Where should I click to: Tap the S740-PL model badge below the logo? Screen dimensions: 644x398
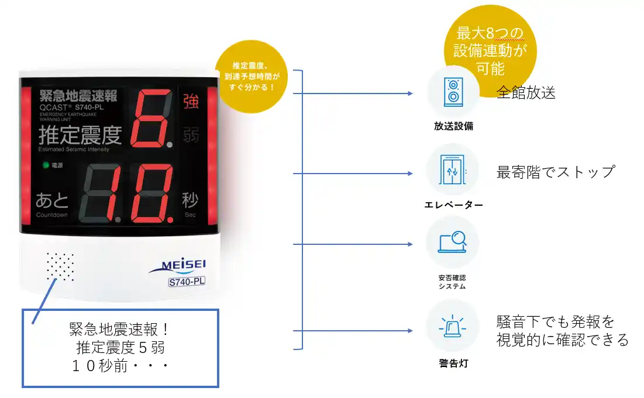click(187, 282)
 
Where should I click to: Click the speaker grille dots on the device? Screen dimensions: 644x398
click(60, 267)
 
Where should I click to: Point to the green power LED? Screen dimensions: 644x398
click(46, 165)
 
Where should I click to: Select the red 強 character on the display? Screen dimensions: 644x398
click(191, 101)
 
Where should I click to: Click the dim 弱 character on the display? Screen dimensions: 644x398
click(191, 134)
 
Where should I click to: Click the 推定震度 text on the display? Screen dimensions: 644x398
click(81, 136)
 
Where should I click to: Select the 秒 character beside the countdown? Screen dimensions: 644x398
click(190, 200)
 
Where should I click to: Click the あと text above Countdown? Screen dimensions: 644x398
click(51, 200)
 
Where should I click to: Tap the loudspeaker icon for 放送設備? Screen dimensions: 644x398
click(453, 92)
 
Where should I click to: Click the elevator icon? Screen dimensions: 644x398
click(452, 170)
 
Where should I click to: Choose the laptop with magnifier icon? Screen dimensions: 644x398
click(452, 242)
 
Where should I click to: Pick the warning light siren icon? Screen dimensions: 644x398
click(452, 327)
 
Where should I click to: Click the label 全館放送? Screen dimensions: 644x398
click(526, 93)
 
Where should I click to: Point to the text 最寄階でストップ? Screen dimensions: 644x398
click(556, 172)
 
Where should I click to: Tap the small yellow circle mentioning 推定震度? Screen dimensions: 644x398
click(252, 77)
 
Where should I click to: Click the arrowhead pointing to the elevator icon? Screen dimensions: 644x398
click(410, 174)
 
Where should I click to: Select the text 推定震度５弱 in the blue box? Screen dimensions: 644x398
click(120, 348)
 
